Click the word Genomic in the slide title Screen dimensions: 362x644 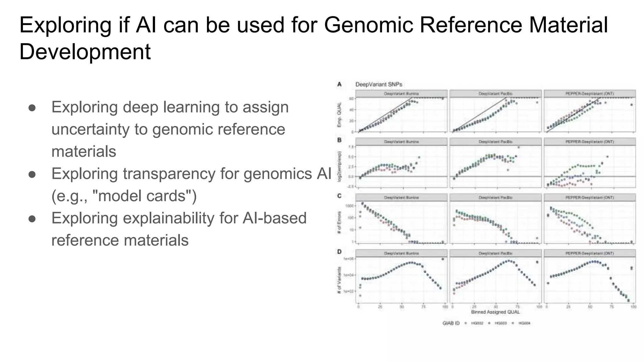pyautogui.click(x=368, y=25)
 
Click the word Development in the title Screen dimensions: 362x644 pyautogui.click(x=85, y=52)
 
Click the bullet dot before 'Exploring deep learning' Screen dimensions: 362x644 pyautogui.click(x=32, y=108)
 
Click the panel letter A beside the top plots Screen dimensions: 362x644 pyautogui.click(x=339, y=84)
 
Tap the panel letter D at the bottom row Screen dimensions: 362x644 pyautogui.click(x=339, y=252)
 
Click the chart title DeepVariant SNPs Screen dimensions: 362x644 pyautogui.click(x=379, y=84)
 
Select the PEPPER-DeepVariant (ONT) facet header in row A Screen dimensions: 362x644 pyautogui.click(x=590, y=94)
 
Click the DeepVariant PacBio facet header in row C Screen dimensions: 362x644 pyautogui.click(x=495, y=198)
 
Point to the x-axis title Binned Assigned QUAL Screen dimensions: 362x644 pyautogui.click(x=495, y=312)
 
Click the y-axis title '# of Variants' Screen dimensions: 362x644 pyautogui.click(x=339, y=280)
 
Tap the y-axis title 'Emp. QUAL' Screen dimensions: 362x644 pyautogui.click(x=339, y=116)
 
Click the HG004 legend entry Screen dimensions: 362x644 pyautogui.click(x=524, y=323)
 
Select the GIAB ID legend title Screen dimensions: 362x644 pyautogui.click(x=451, y=323)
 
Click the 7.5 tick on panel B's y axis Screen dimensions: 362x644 pyautogui.click(x=351, y=147)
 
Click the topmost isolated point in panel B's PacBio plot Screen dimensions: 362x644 pyautogui.click(x=519, y=147)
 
